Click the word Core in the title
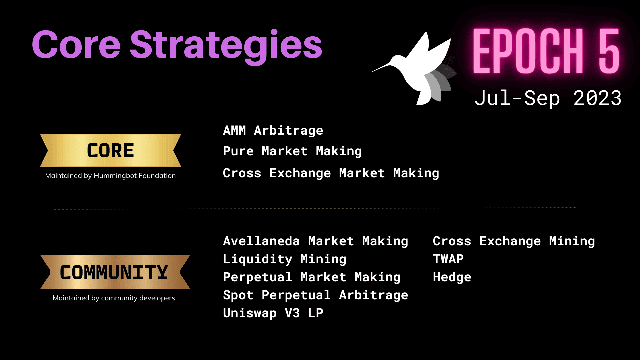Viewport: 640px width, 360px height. coord(76,45)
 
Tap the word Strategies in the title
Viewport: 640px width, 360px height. coord(226,47)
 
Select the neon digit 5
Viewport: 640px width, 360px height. coord(609,51)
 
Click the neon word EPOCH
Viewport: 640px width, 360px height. coord(528,51)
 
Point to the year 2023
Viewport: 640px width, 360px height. coord(597,98)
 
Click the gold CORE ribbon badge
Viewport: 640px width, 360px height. coord(110,150)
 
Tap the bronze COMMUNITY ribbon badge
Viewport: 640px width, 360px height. coord(115,272)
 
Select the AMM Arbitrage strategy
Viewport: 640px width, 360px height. coord(273,131)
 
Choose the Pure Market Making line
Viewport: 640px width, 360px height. coord(292,151)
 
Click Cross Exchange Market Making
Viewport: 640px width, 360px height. coord(331,173)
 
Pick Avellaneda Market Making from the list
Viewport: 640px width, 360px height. coord(316,241)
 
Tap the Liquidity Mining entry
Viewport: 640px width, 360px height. coord(285,259)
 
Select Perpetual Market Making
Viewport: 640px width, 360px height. coord(312,277)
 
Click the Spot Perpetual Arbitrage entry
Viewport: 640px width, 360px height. coord(316,295)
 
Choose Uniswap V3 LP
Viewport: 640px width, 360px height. coord(273,313)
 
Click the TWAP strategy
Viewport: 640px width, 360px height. coord(448,259)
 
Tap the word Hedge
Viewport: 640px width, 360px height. coord(452,277)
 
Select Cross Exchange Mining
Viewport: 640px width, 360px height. coord(514,241)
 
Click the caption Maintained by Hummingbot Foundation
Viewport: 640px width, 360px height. coord(110,176)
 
